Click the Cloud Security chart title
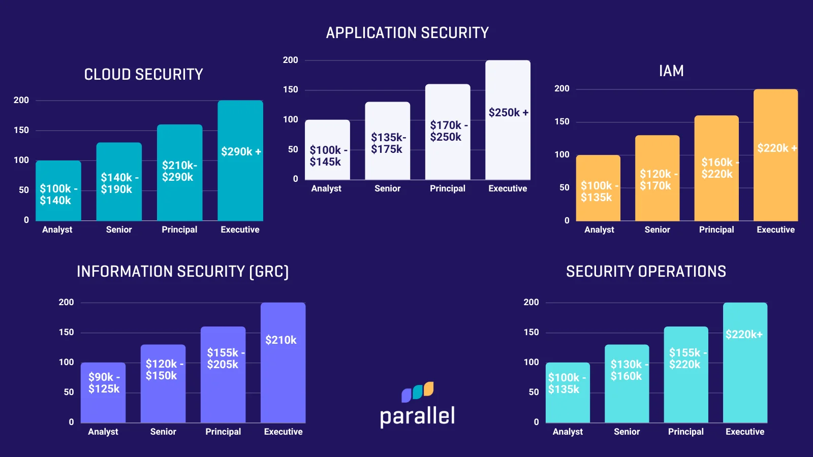tap(143, 75)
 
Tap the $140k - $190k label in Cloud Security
tap(119, 183)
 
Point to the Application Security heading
tap(407, 33)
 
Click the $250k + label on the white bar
tap(508, 113)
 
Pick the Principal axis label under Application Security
tap(447, 188)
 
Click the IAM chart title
tap(671, 71)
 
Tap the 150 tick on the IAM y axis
tap(562, 122)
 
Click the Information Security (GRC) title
tap(182, 272)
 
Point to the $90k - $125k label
tap(104, 383)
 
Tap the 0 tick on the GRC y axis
tap(71, 422)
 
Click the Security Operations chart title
tap(646, 272)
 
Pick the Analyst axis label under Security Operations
tap(568, 432)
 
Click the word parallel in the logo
tap(417, 416)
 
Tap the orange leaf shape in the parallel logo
tap(429, 388)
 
